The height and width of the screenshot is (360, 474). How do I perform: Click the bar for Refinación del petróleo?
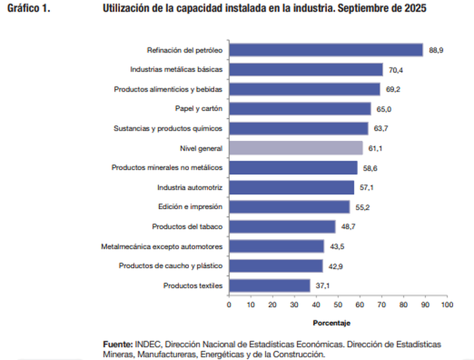coord(325,50)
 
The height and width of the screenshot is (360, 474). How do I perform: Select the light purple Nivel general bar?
coord(295,148)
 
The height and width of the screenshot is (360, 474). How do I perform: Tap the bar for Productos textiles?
coord(269,285)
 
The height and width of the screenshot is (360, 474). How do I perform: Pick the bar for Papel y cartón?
coord(299,109)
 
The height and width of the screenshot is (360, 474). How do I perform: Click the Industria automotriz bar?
coord(291,187)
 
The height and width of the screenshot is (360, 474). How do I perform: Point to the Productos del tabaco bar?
coord(282,226)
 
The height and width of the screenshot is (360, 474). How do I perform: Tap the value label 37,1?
coord(322,285)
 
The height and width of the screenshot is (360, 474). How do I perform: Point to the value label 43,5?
coord(336,246)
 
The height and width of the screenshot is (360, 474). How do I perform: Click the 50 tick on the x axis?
coord(338,304)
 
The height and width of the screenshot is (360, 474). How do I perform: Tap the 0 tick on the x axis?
coord(229,304)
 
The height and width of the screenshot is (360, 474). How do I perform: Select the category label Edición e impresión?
coord(190,207)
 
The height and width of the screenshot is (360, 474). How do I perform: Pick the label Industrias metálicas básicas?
coord(176,70)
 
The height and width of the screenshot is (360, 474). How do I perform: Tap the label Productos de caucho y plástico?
coord(171,266)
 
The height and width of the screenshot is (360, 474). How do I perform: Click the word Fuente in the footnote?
coord(118,343)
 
